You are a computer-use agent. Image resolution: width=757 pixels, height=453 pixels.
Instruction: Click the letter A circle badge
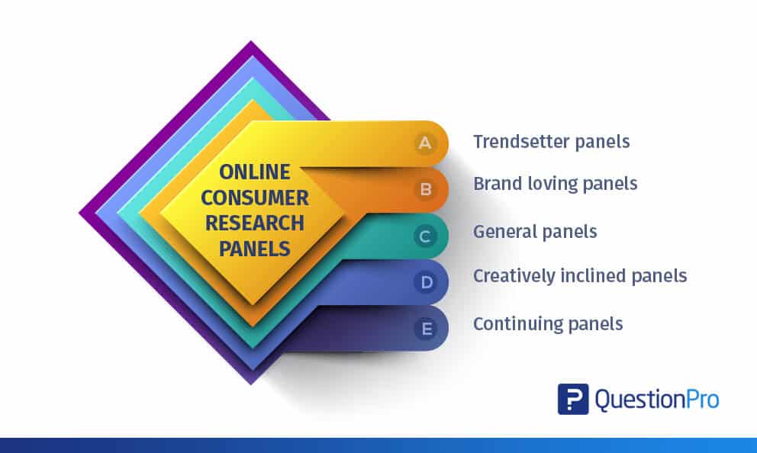coord(425,143)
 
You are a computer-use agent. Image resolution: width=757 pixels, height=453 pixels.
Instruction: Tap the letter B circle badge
coord(425,189)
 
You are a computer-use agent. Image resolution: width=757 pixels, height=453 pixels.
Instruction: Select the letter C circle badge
coord(425,236)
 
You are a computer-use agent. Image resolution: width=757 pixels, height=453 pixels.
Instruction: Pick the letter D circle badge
coord(426,282)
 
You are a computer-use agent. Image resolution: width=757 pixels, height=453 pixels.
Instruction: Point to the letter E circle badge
coord(426,329)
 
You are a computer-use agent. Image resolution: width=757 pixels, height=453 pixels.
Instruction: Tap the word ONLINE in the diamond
coord(254,172)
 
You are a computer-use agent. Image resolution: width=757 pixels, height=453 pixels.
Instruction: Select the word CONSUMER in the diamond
coord(254,198)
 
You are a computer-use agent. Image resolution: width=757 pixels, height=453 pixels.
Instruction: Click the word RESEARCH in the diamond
coord(254,223)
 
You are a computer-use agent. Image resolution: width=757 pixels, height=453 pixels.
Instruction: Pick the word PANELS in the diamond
coord(254,249)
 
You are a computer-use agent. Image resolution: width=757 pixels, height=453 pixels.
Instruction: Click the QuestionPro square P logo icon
coord(573,399)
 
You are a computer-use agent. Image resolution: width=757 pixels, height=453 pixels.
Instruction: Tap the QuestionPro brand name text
coord(657,400)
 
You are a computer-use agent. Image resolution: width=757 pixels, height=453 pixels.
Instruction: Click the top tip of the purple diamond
coord(250,41)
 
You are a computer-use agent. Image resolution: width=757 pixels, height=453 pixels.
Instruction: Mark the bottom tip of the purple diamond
coord(250,384)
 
